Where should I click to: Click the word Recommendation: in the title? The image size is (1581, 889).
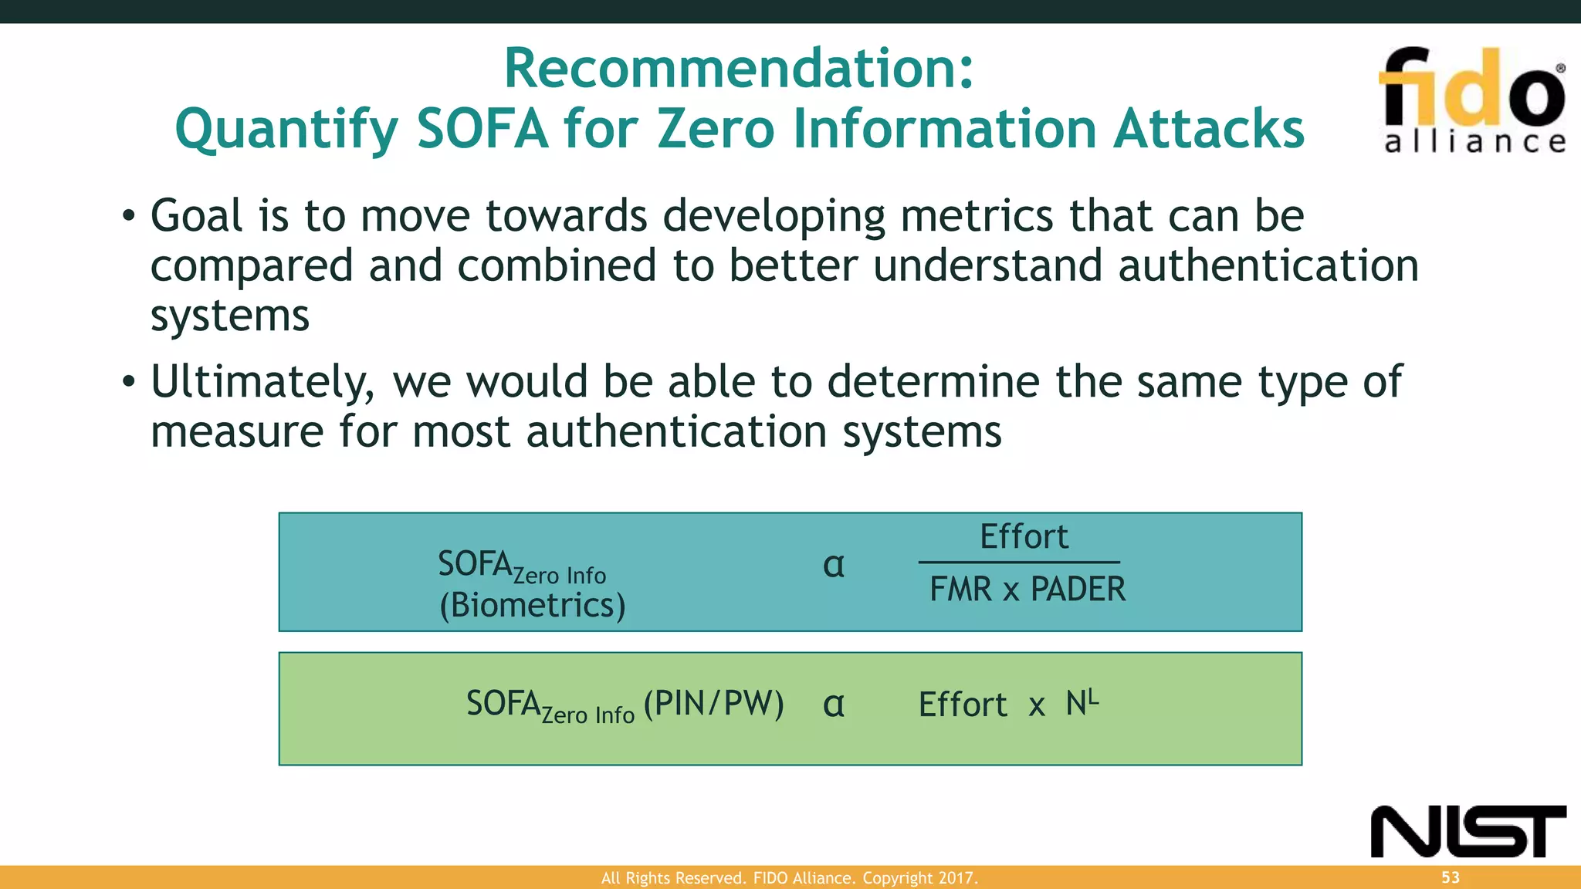coord(739,69)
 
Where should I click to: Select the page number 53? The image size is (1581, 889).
coord(1451,877)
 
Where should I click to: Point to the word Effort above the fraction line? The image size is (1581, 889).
coord(1024,537)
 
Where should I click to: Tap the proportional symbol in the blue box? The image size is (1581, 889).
coord(834,566)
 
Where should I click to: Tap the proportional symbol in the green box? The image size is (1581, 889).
coord(834,705)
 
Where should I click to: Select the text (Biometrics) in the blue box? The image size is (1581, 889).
coord(533,605)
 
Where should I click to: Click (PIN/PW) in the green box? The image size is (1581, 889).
coord(713,703)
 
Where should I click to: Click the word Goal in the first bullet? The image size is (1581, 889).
coord(196,216)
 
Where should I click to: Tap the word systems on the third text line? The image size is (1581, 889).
coord(229,316)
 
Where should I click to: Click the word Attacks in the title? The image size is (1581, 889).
coord(1208,129)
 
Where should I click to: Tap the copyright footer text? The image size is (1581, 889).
coord(789,878)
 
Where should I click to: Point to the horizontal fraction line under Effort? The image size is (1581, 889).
coord(1019,563)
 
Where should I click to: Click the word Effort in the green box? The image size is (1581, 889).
coord(963,705)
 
